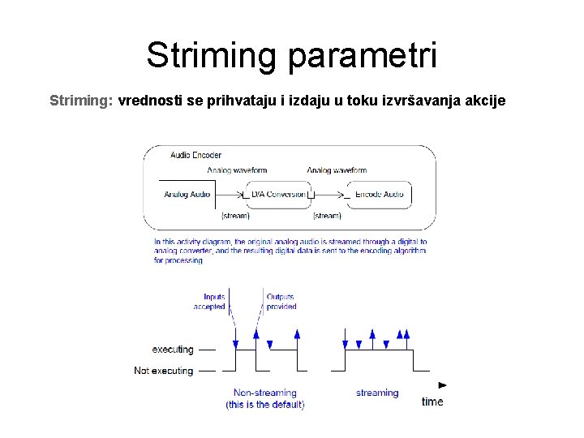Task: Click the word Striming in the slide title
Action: tap(213, 55)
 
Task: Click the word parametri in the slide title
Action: tap(363, 57)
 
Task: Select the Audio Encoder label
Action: tap(195, 155)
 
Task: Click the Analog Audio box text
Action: tap(187, 195)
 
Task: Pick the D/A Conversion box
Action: tap(278, 195)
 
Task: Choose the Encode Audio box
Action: tap(379, 195)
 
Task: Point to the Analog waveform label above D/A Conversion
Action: tap(237, 170)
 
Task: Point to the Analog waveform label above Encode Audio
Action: tap(337, 170)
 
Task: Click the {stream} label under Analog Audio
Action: tap(235, 216)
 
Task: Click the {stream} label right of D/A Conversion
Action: tap(327, 216)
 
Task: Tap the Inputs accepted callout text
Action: tap(209, 302)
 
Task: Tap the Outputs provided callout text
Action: tap(281, 302)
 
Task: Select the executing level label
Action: tap(173, 350)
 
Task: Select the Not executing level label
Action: tap(164, 371)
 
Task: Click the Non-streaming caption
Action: tap(264, 393)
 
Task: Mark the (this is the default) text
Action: tap(264, 404)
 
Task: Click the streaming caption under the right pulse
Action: tap(377, 393)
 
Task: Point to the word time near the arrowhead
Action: tap(432, 401)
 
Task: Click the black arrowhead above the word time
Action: tap(442, 384)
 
